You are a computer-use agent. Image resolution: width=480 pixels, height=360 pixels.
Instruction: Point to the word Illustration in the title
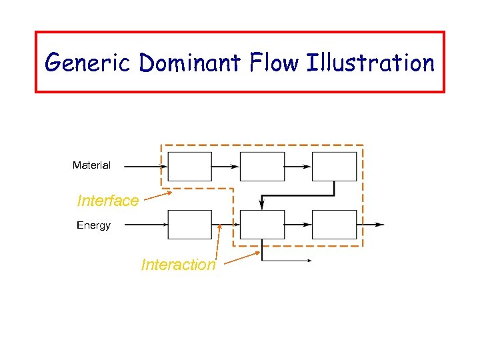(372, 63)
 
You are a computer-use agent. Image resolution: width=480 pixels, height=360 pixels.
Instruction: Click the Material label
(91, 165)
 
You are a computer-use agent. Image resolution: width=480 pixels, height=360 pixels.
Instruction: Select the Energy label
(93, 225)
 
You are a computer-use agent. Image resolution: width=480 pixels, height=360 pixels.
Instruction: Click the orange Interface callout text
(108, 201)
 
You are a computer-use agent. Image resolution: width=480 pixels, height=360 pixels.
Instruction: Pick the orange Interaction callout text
(178, 265)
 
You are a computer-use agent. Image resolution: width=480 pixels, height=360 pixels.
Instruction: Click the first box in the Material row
(189, 167)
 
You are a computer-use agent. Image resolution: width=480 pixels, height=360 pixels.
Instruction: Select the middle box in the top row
(262, 167)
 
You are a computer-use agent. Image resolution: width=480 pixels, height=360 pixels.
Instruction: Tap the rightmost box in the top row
(334, 167)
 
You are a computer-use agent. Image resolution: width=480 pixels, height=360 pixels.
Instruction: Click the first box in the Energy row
(189, 225)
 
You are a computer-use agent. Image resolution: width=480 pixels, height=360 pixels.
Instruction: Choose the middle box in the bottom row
(262, 225)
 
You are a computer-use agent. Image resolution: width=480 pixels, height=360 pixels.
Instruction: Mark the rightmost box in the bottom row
(334, 225)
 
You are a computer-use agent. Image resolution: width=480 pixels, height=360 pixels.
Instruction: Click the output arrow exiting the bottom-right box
(371, 225)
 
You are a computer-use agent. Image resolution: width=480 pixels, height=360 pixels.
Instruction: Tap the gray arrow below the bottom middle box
(287, 261)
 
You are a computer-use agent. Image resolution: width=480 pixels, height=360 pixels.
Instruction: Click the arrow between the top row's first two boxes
(225, 167)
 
